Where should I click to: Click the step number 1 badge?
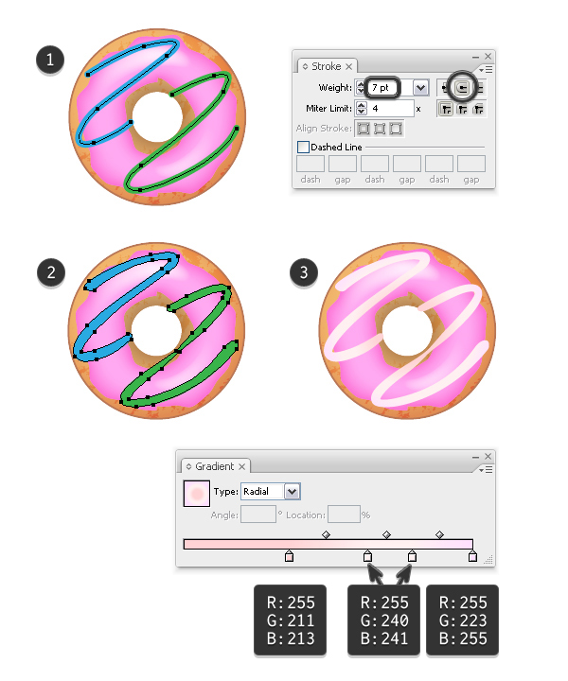[x=50, y=60]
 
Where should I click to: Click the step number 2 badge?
[x=51, y=272]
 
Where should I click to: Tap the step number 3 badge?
[x=304, y=272]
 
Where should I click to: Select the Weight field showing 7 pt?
[x=382, y=88]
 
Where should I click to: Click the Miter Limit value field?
[x=390, y=108]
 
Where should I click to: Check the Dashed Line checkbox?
[x=303, y=147]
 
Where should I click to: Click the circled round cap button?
[x=462, y=88]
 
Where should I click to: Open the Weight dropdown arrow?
[x=420, y=88]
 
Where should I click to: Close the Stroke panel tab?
[x=349, y=66]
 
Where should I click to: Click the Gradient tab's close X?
[x=242, y=466]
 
